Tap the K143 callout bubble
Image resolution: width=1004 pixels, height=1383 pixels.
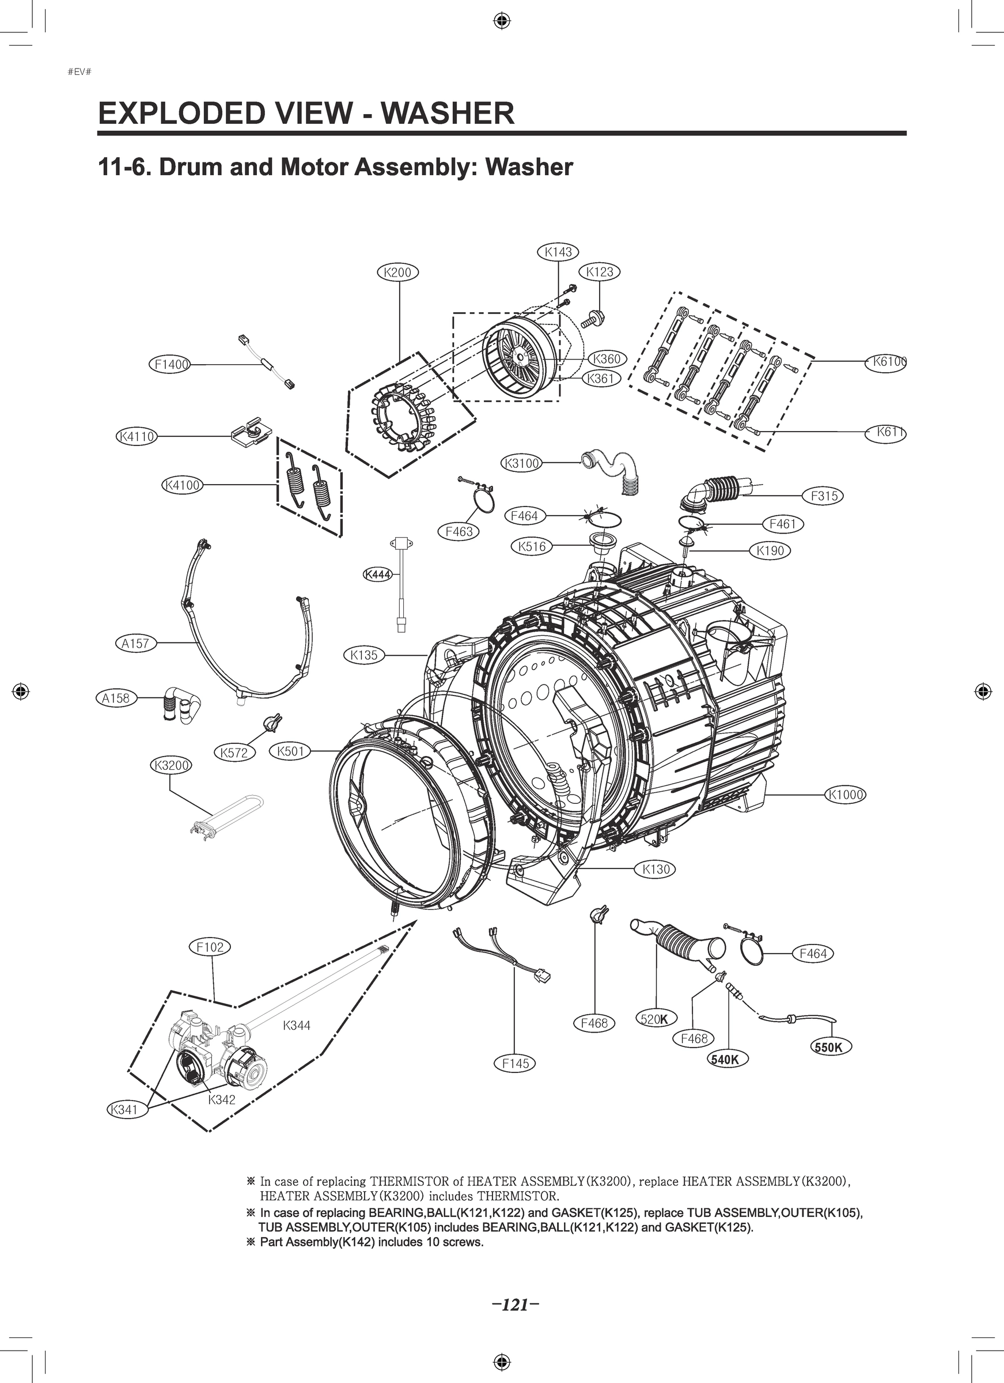(558, 251)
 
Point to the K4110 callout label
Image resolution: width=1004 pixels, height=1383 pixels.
(137, 437)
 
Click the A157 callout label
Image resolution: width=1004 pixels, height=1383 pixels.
(135, 643)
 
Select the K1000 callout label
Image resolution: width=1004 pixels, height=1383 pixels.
(846, 795)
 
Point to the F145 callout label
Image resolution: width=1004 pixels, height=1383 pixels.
(515, 1064)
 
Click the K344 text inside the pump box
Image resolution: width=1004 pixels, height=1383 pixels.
(297, 1026)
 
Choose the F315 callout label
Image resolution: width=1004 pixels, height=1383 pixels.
(824, 496)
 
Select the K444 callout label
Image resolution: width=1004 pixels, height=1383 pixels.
(378, 575)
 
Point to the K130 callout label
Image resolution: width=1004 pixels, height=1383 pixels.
(656, 869)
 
